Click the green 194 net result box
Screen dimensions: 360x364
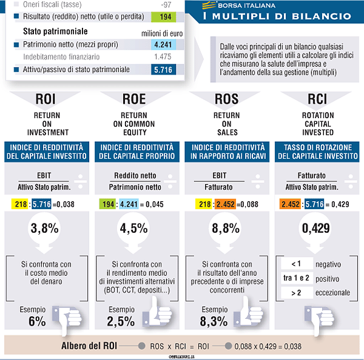(x=164, y=16)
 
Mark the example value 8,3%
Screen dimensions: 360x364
(x=211, y=322)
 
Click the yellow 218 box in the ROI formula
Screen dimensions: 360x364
(x=19, y=204)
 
